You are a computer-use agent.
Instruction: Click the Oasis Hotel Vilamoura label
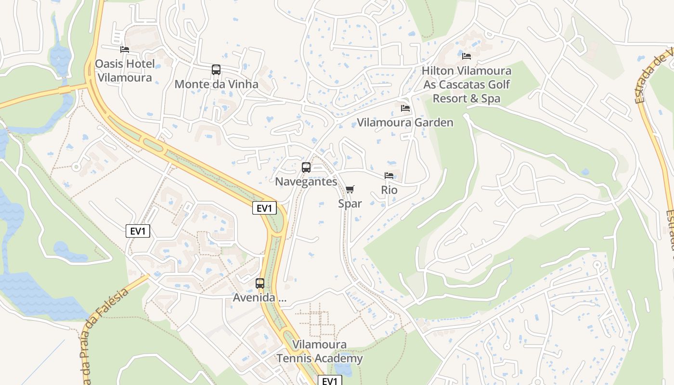[x=125, y=71]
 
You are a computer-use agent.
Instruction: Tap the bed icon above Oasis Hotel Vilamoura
[x=125, y=49]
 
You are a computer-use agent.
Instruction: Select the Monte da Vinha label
[x=216, y=84]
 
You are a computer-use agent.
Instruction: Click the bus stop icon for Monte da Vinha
[x=216, y=70]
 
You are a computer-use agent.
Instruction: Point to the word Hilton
[x=438, y=71]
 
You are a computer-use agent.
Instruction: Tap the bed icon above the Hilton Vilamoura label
[x=467, y=56]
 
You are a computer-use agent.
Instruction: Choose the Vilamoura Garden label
[x=405, y=123]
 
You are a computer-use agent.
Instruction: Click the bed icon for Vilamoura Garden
[x=405, y=108]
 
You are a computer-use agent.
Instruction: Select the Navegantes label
[x=306, y=182]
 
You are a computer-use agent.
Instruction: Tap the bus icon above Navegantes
[x=306, y=167]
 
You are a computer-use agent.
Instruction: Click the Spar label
[x=350, y=204]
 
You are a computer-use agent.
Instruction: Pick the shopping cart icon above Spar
[x=350, y=189]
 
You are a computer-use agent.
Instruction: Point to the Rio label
[x=389, y=190]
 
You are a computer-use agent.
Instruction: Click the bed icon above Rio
[x=389, y=176]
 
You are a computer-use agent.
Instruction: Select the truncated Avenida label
[x=259, y=298]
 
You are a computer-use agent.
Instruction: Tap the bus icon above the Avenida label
[x=260, y=283]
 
